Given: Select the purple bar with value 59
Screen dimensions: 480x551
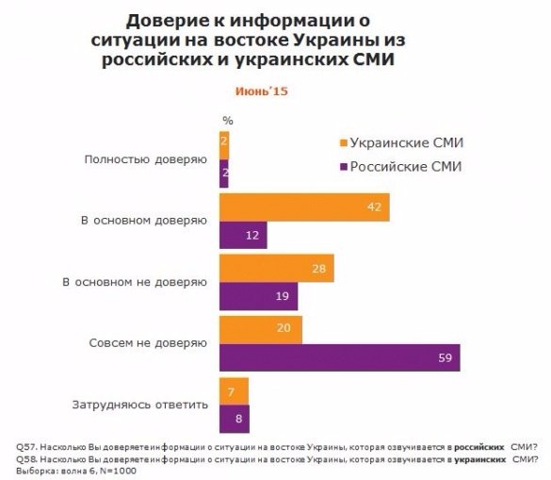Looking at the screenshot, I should click(339, 357).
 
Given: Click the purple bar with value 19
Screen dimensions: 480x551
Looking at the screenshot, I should click(257, 297).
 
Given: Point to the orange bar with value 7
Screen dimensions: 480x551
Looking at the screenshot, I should click(234, 390).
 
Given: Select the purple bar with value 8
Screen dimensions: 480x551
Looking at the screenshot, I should click(235, 417).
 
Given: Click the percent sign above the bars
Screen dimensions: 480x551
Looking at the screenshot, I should click(227, 121).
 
